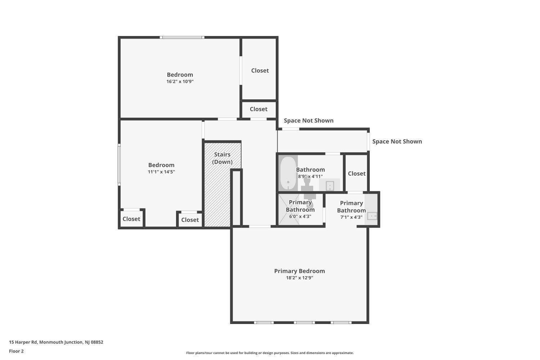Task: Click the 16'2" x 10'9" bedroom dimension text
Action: click(180, 81)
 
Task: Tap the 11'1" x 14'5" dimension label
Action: click(161, 172)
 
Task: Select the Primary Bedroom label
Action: click(300, 271)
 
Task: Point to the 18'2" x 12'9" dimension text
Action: click(300, 278)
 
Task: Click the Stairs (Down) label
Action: click(222, 158)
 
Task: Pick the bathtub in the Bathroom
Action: click(288, 173)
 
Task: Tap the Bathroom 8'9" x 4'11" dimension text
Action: click(310, 176)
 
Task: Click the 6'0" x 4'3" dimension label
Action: click(300, 216)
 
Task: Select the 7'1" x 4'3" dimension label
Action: click(351, 217)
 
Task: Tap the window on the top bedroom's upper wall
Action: click(182, 37)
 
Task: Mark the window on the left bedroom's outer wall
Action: click(119, 165)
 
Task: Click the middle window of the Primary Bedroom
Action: click(304, 323)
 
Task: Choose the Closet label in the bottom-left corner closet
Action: click(131, 219)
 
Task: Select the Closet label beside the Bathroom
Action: click(356, 174)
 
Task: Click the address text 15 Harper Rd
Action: click(23, 342)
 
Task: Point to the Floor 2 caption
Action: click(17, 351)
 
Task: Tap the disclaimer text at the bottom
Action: click(270, 353)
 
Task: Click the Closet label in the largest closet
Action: click(260, 71)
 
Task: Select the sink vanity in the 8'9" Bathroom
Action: click(329, 185)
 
